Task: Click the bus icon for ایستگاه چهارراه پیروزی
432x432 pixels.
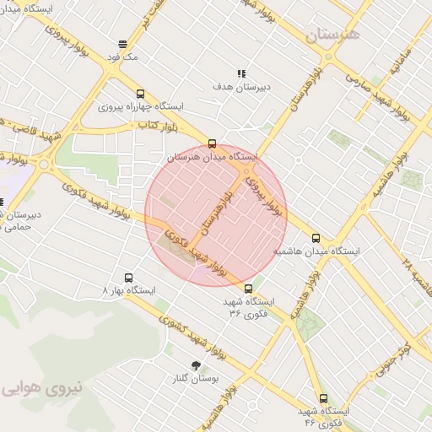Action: (140, 94)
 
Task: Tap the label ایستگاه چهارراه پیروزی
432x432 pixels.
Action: (141, 107)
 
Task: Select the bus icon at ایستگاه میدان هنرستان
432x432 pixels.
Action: (212, 143)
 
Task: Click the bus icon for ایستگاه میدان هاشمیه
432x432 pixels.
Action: (316, 238)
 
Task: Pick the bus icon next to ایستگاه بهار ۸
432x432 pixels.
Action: (129, 277)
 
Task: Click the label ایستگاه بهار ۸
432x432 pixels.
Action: (129, 290)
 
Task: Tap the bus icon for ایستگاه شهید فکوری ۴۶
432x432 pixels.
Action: (323, 398)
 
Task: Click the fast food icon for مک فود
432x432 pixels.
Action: (123, 44)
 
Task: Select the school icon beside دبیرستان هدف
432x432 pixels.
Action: (241, 73)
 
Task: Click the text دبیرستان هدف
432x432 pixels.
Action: (241, 86)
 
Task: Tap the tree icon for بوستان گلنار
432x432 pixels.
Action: (197, 365)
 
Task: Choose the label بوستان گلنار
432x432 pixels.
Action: (197, 379)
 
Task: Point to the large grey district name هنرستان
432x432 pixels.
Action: (332, 35)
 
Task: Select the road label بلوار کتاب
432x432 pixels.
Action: (158, 125)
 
